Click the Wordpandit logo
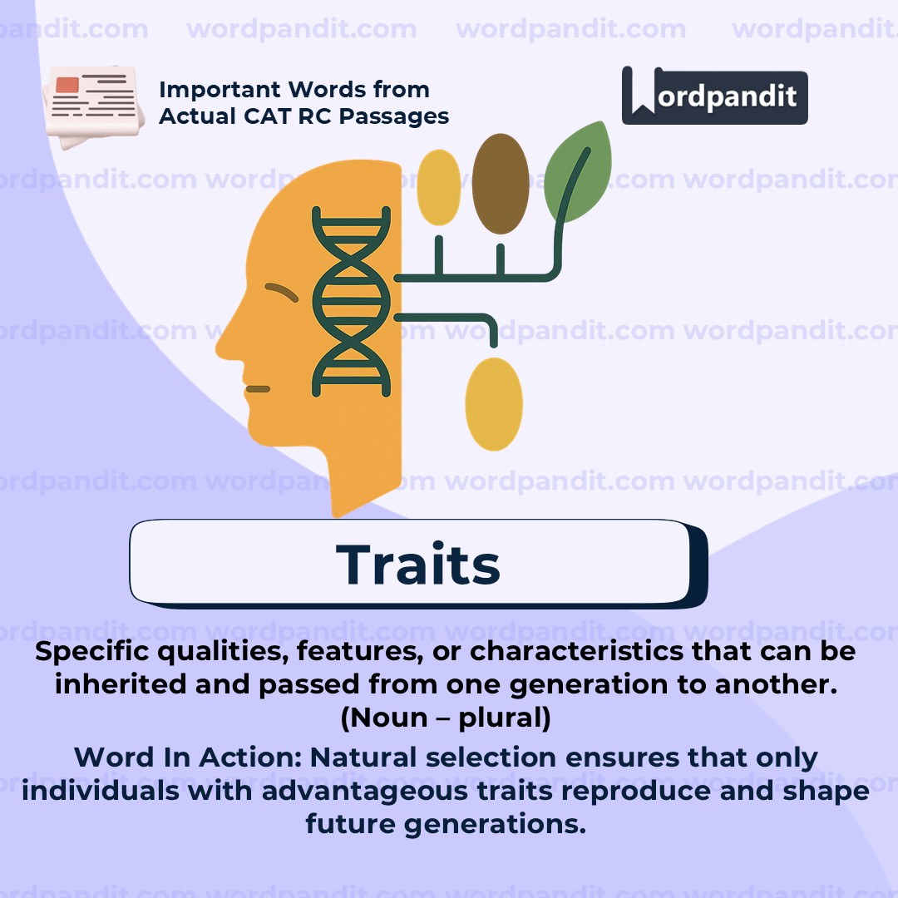714,96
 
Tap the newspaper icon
90,106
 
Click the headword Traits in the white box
418,565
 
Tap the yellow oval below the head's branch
494,404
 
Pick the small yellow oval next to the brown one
438,187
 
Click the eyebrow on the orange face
282,291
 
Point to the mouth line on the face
258,388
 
